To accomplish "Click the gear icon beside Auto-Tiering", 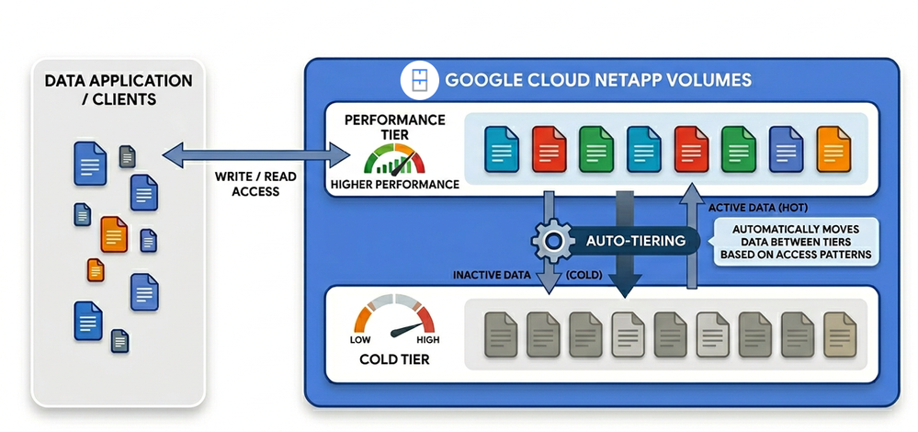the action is (x=552, y=241).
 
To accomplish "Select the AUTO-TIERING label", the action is (x=629, y=241).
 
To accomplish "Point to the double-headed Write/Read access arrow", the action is (x=255, y=154).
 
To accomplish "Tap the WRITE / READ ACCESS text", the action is (x=255, y=184).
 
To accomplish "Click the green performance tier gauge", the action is (x=393, y=159).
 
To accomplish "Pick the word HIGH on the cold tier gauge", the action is (x=428, y=339).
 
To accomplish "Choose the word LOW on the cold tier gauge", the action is (x=360, y=339).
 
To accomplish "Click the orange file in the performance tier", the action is (x=833, y=149).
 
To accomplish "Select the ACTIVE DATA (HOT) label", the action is (x=759, y=207).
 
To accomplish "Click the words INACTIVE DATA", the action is (x=493, y=275).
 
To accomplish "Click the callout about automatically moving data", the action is (x=796, y=243).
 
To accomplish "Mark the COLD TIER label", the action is (x=394, y=358).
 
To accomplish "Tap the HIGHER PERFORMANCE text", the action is (x=394, y=185).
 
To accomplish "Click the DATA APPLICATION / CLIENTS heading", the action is (x=119, y=89).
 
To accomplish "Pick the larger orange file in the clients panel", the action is (x=114, y=234).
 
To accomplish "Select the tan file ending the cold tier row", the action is (x=840, y=335).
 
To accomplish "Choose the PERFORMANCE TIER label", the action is (x=394, y=127).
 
